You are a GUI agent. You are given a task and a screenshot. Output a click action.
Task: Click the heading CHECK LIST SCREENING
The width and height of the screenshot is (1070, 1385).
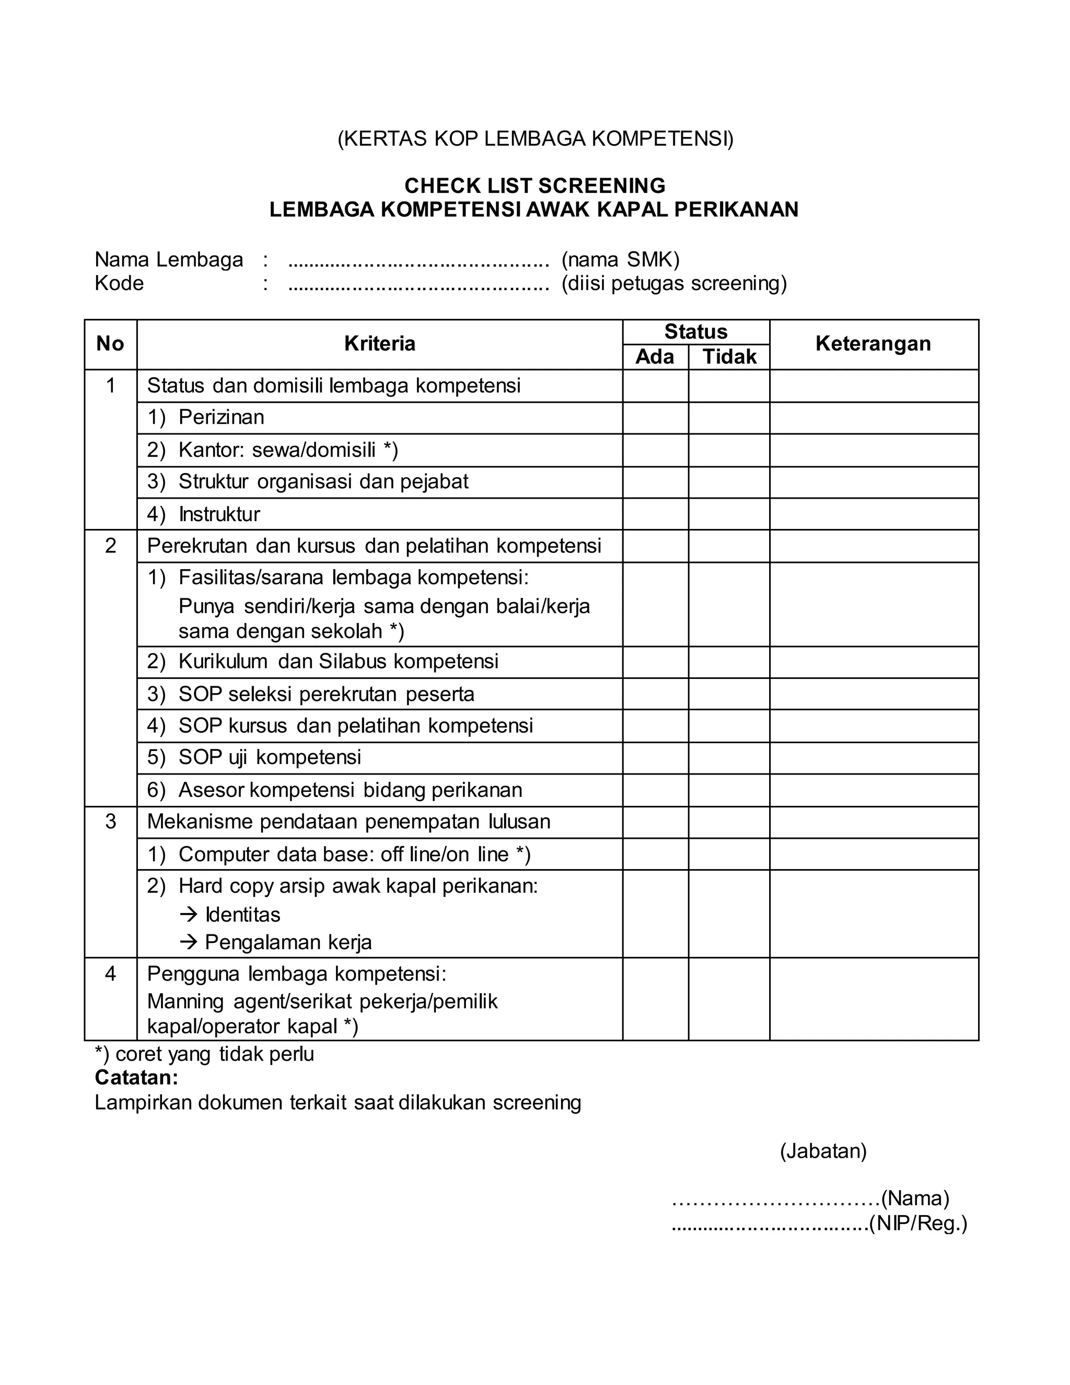tap(534, 186)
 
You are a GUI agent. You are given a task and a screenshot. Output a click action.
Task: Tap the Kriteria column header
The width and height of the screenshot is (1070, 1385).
tap(379, 344)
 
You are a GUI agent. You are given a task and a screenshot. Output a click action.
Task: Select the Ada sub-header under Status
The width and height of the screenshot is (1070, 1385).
tap(655, 357)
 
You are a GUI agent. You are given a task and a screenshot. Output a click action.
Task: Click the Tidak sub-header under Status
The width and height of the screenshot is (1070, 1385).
tap(729, 357)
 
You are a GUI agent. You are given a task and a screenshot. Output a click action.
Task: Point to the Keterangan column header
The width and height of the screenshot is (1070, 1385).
tap(873, 344)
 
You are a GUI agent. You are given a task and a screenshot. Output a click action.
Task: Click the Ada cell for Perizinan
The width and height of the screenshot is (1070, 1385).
tap(655, 418)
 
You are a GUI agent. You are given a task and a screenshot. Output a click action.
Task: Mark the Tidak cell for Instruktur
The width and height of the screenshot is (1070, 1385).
tap(729, 514)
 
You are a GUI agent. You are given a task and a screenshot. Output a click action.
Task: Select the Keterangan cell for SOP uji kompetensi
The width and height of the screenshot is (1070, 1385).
tap(874, 758)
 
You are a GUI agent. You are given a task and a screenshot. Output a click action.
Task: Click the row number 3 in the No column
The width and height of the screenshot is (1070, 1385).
tap(110, 822)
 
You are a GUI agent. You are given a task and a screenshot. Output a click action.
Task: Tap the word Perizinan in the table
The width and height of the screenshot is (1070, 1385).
tap(221, 417)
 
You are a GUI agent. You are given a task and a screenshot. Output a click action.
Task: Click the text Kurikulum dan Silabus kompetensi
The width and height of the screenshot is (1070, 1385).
tap(338, 662)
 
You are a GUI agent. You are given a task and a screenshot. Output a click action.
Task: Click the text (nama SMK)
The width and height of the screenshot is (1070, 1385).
tap(620, 260)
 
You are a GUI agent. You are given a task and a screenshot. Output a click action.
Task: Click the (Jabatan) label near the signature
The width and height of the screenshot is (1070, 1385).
tap(823, 1150)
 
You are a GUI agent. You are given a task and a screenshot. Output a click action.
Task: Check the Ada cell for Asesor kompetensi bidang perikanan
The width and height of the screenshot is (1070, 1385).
tap(655, 790)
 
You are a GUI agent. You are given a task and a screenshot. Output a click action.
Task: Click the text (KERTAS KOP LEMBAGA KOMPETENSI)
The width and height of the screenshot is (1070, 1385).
tap(534, 139)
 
